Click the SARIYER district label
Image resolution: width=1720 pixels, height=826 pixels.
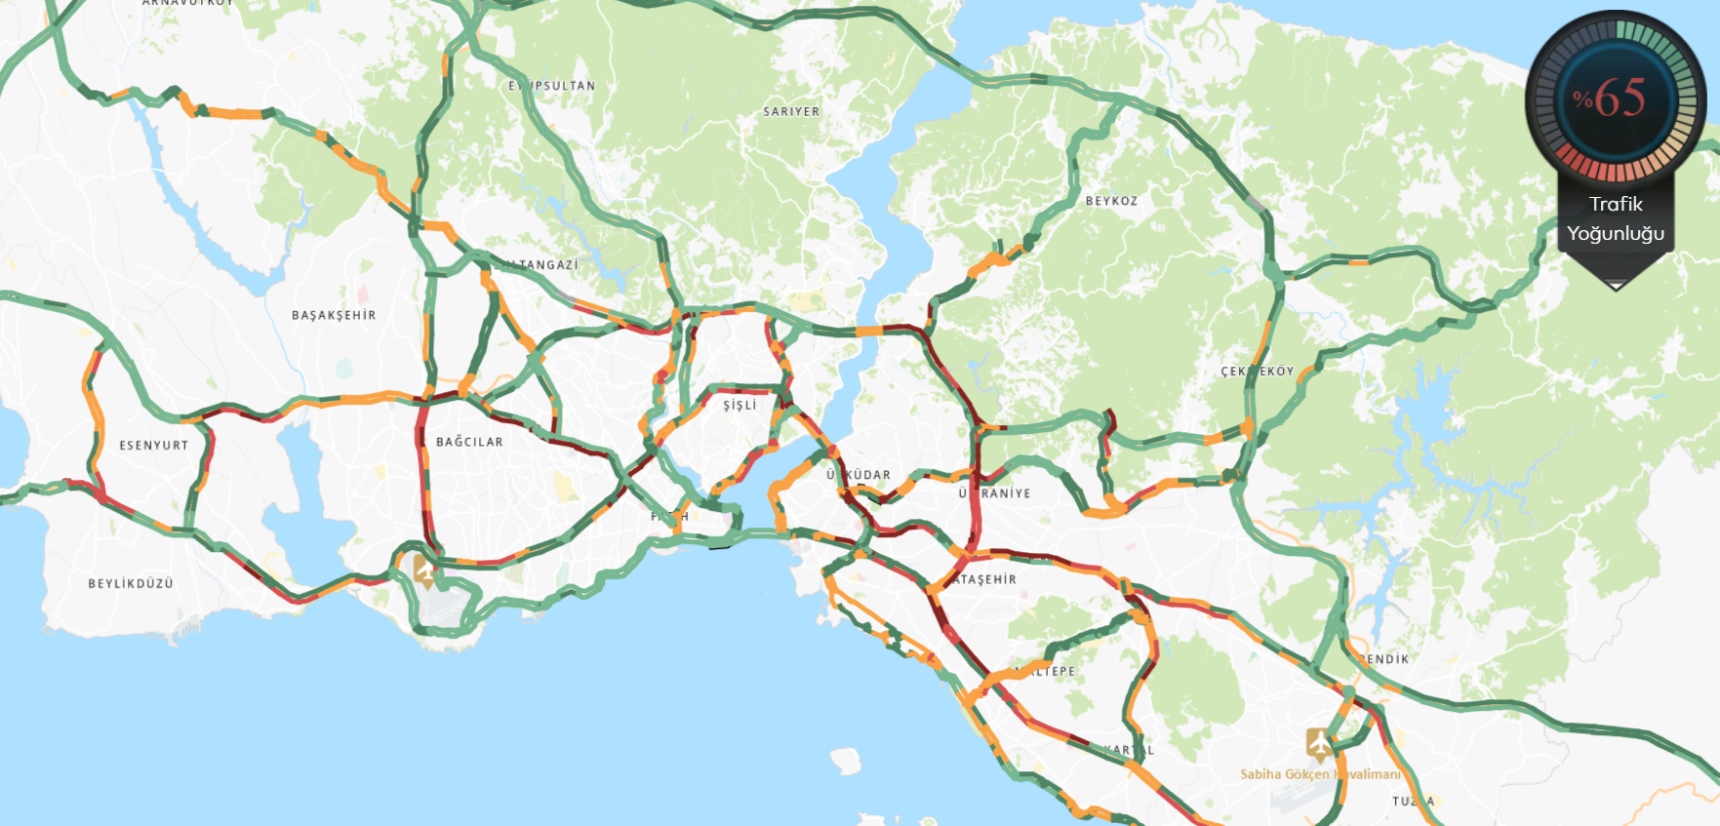coord(791,112)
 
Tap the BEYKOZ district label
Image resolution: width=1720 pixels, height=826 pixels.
coord(1111,201)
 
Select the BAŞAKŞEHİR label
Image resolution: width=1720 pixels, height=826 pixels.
coord(334,316)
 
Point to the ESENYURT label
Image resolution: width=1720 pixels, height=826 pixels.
coord(154,446)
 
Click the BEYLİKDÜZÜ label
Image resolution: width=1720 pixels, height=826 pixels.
coord(131,584)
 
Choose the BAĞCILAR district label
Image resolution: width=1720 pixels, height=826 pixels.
coord(469,442)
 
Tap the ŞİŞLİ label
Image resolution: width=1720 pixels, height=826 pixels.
coord(740,406)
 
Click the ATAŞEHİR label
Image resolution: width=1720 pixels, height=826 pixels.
coord(984,579)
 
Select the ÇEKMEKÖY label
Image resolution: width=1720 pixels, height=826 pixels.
coord(1258,372)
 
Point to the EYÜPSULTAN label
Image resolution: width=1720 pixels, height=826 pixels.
coord(551,86)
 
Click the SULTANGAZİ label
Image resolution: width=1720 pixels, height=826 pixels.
coord(537,265)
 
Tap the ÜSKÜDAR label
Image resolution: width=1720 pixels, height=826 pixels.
coord(859,475)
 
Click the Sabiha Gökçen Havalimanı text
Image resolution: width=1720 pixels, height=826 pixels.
coord(1320,774)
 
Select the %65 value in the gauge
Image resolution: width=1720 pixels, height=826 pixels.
coord(1610,98)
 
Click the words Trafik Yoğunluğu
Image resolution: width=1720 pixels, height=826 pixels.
coord(1616,218)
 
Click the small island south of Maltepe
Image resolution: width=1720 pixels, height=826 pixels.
coord(846,760)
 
